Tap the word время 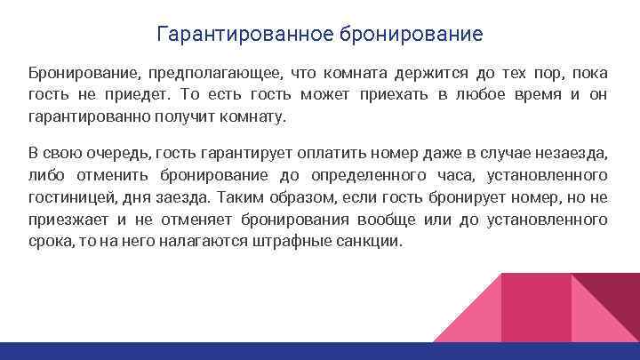pyautogui.click(x=538, y=93)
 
